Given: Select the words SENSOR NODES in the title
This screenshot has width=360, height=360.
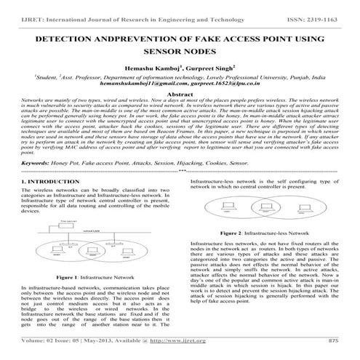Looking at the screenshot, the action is point(180,52).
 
